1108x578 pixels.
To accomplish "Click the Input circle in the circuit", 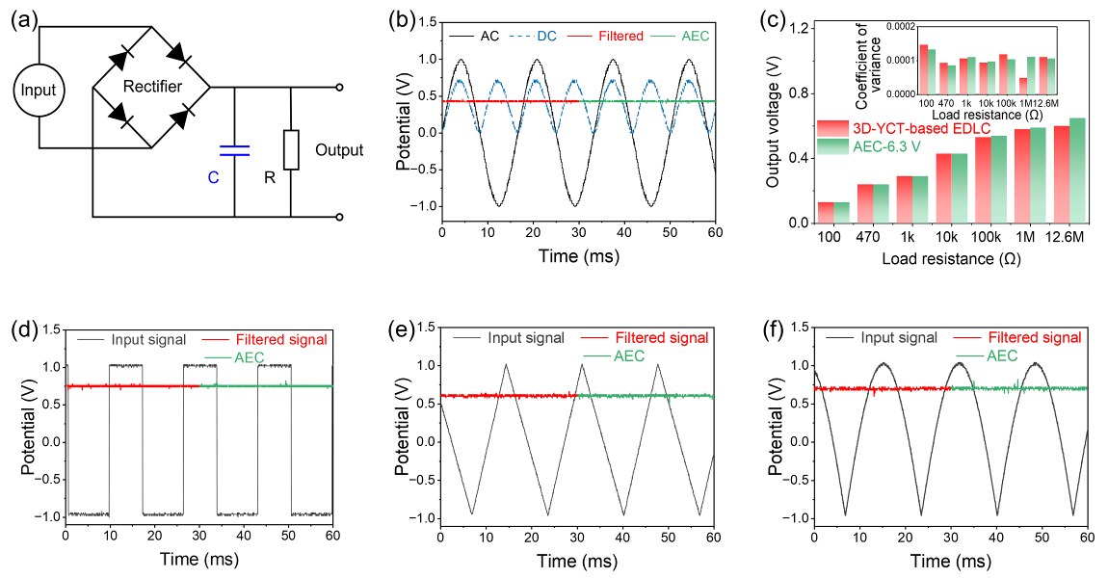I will (40, 92).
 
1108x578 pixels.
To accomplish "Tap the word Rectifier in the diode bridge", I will (152, 88).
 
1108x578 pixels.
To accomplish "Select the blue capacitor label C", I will (213, 177).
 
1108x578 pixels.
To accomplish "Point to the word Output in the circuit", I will (339, 150).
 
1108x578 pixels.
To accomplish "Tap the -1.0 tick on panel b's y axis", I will (421, 206).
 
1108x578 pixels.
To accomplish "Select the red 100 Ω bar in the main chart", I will (826, 212).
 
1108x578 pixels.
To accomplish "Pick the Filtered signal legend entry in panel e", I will (661, 338).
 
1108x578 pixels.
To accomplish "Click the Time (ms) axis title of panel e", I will (577, 561).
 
